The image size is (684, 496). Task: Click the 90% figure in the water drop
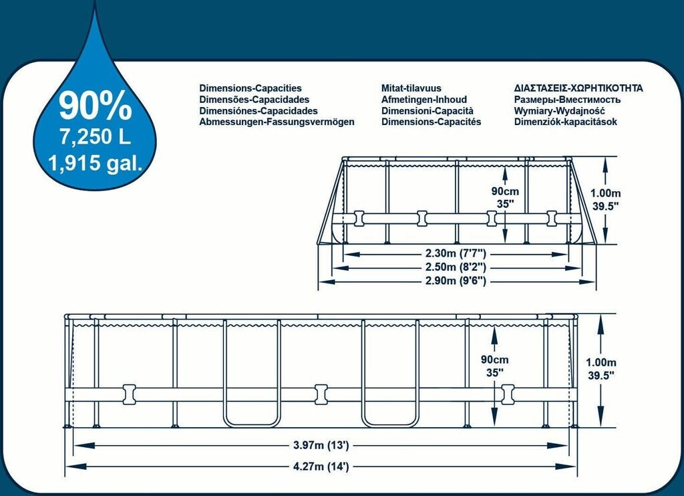[95, 105]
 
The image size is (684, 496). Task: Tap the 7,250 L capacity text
[95, 137]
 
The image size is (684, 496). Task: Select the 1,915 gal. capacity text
[95, 163]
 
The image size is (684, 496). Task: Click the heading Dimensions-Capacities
[250, 88]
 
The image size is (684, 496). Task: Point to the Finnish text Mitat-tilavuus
[411, 88]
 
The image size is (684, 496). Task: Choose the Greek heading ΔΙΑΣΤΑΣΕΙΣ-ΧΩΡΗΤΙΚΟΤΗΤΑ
[578, 88]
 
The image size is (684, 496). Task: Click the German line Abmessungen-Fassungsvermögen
[277, 122]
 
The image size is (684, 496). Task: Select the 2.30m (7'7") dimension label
[456, 253]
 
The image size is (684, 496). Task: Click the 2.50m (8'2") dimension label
[456, 267]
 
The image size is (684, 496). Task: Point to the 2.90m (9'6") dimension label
[456, 281]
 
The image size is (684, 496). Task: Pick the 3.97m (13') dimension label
[321, 445]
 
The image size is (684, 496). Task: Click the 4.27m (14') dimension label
[321, 467]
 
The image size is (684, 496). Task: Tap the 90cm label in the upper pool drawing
[505, 191]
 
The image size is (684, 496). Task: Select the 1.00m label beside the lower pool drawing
[601, 362]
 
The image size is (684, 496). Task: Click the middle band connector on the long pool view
[321, 394]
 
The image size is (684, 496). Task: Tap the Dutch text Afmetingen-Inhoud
[424, 100]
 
